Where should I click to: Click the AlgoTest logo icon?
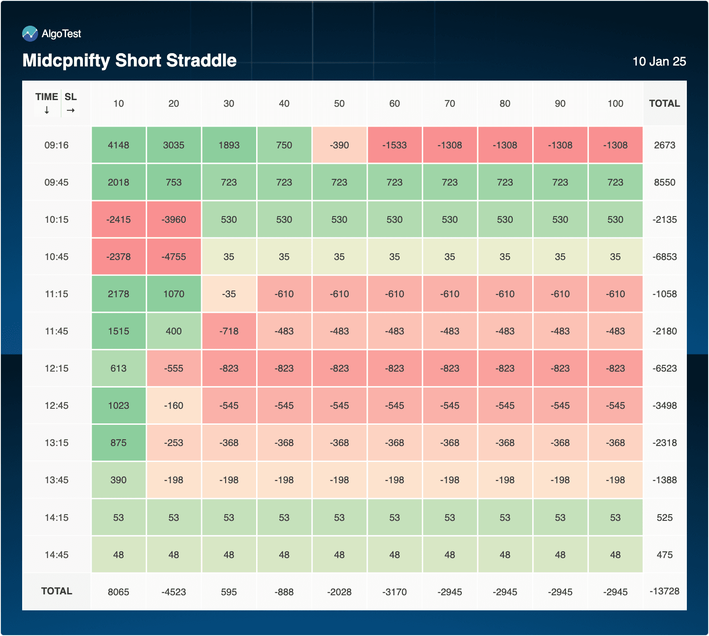(30, 34)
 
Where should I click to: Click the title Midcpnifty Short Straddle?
(129, 61)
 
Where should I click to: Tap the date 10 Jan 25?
(659, 62)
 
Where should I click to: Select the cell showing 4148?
(118, 145)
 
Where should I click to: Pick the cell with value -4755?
(174, 257)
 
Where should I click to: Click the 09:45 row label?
(56, 182)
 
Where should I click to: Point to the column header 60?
(394, 104)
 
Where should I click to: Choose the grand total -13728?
(664, 591)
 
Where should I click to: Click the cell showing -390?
(339, 145)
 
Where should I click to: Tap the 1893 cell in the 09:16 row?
(229, 145)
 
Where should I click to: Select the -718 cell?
(229, 331)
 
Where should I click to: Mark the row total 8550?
(664, 182)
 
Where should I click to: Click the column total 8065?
(118, 592)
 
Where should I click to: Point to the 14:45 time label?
(56, 555)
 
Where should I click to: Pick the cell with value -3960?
(174, 220)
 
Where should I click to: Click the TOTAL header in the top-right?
(664, 104)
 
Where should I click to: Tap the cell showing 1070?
(174, 294)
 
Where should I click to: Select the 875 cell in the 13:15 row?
(118, 443)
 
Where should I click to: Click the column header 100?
(615, 104)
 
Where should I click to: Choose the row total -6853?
(664, 257)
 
